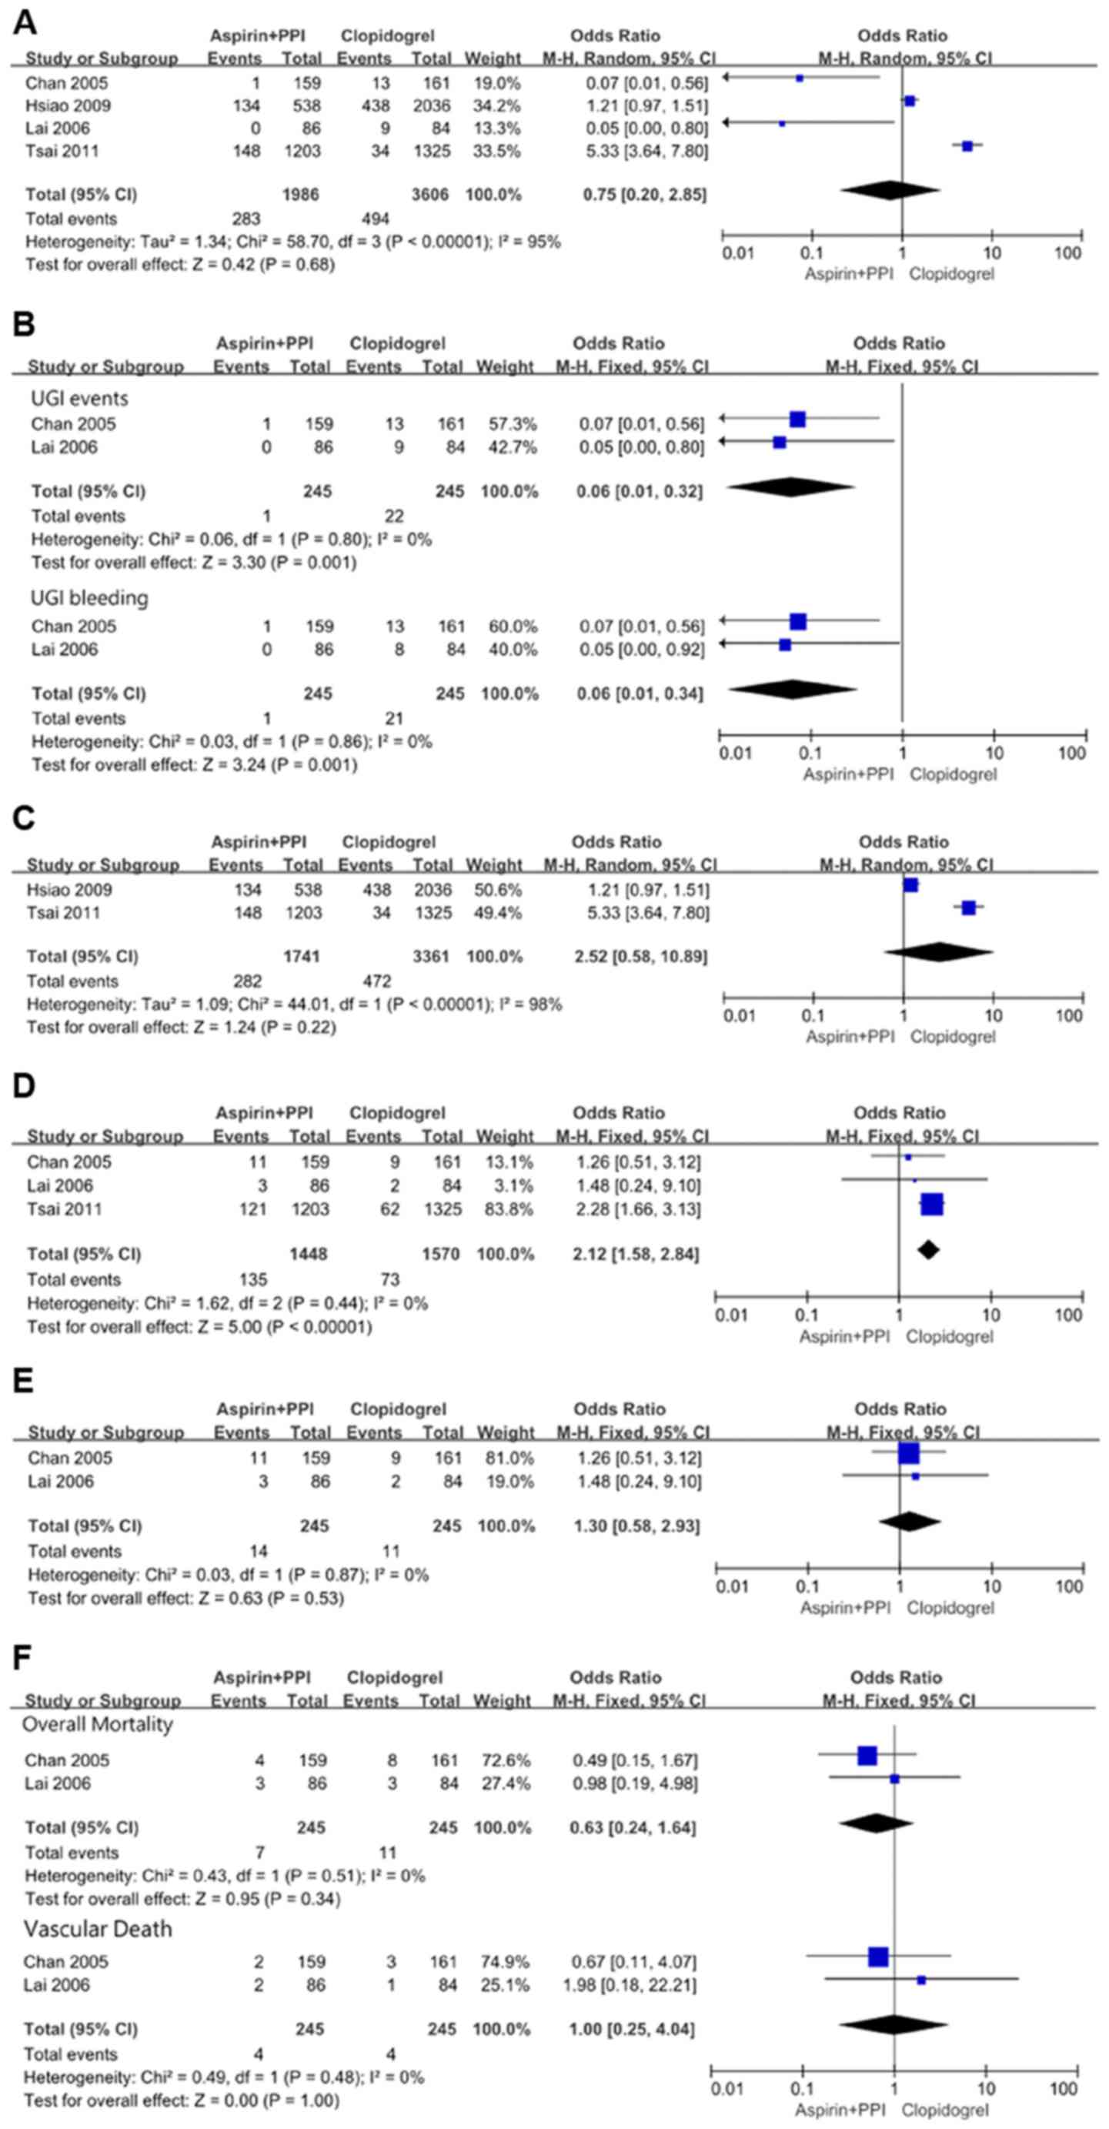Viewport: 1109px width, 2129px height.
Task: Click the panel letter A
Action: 25,22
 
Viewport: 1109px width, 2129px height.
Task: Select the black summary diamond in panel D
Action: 928,1250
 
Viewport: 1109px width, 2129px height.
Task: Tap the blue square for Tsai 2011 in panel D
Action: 931,1204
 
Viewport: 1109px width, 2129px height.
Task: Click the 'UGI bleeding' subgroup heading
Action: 89,597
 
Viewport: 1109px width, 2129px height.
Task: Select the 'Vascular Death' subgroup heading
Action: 98,1928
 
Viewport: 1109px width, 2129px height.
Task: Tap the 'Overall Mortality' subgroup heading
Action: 97,1724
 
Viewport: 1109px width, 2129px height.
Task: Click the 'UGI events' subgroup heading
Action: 79,399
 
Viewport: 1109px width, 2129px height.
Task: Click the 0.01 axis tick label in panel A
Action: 737,253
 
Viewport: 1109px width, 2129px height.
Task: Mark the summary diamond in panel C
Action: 938,952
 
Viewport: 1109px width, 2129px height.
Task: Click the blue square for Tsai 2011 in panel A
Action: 967,146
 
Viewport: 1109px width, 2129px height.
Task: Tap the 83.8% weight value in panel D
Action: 504,1208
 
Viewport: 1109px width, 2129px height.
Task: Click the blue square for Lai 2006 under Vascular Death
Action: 920,1980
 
